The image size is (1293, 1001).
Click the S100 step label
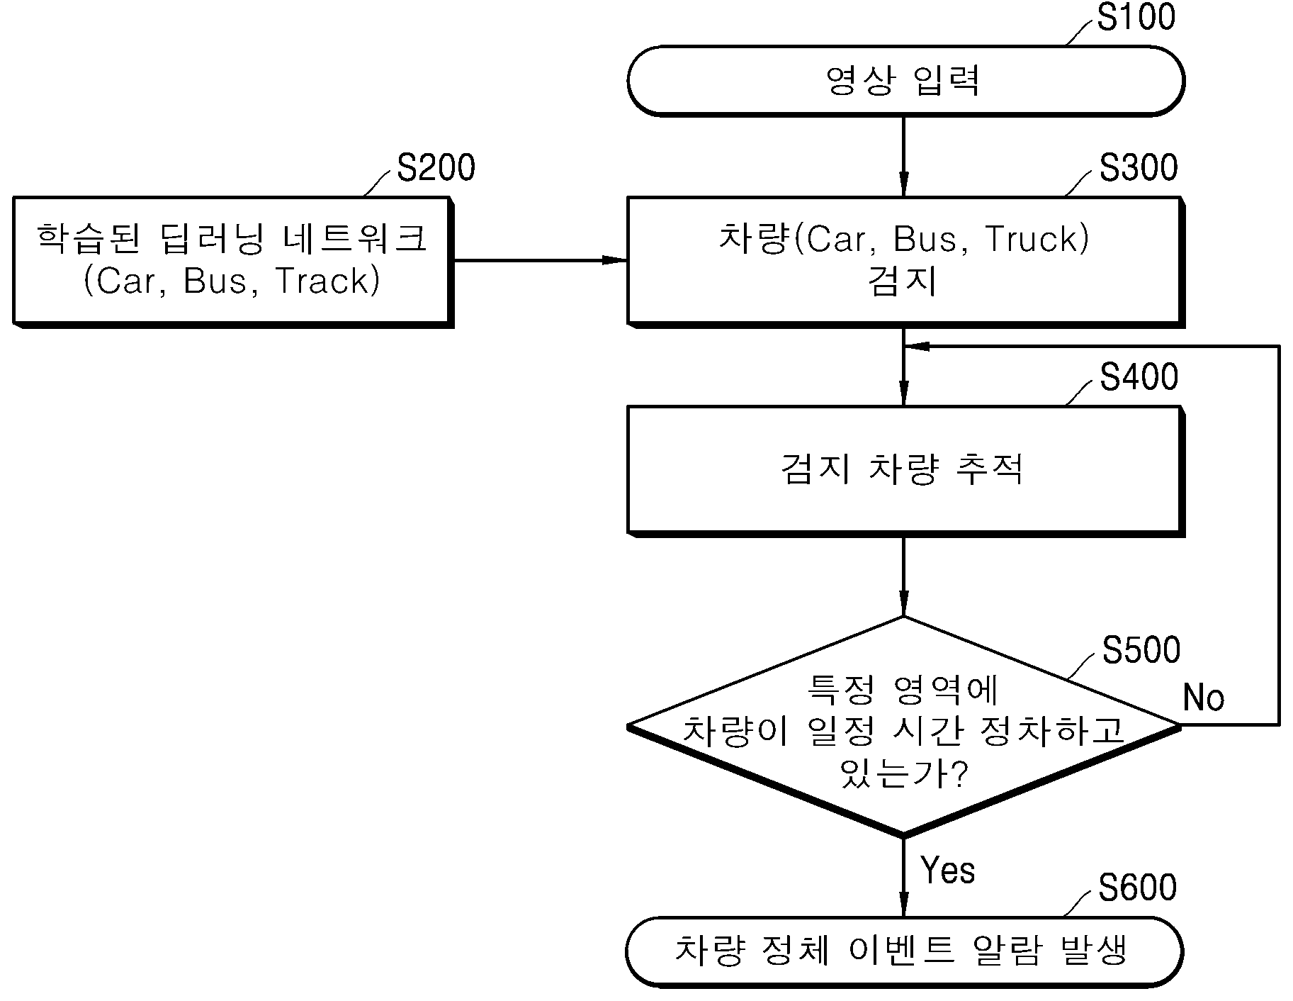1136,17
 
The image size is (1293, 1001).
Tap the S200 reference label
436,169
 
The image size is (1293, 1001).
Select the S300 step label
1139,168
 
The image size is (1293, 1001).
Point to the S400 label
1139,377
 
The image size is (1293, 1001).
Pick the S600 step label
1138,888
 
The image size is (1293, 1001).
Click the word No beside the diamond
1204,698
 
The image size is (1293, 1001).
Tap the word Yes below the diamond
947,870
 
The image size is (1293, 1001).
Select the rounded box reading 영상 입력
905,81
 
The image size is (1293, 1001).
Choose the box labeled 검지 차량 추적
905,471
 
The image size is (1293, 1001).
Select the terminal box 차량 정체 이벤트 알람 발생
905,951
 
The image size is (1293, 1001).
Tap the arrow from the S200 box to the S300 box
540,260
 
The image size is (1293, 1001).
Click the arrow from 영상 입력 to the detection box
903,156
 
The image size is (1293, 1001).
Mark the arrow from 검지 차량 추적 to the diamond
903,576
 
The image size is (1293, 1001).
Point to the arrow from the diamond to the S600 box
903,876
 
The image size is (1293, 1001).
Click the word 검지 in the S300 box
903,281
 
